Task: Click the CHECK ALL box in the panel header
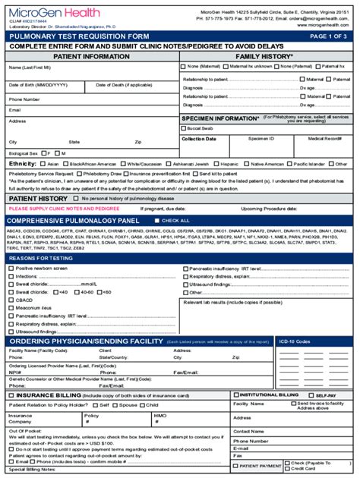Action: click(156, 220)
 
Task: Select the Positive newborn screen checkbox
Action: click(11, 268)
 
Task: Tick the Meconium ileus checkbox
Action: click(11, 307)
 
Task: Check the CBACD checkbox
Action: click(11, 299)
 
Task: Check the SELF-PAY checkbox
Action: click(311, 395)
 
